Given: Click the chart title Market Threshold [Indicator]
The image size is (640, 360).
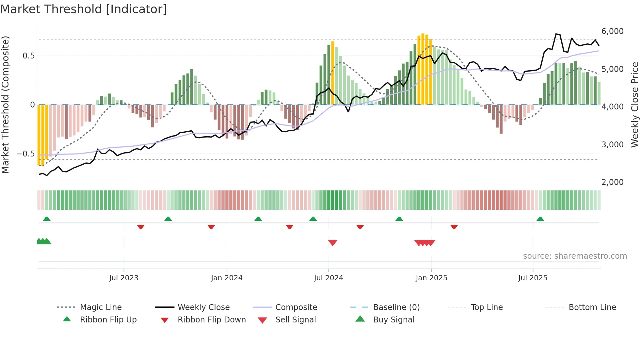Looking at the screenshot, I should (84, 9).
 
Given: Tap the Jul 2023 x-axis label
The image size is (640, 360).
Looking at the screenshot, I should (124, 278).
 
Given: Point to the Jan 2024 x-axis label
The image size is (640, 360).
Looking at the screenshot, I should (227, 278).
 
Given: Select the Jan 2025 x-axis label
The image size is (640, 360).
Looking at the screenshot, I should (431, 278).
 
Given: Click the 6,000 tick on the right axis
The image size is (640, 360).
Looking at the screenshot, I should (612, 31).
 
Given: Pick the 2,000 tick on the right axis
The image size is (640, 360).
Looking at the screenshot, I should (612, 182).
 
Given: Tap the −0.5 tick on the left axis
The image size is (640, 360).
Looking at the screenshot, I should (25, 154).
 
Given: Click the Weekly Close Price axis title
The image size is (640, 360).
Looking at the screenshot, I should (634, 105).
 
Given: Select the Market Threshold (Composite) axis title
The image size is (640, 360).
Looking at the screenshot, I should (5, 105).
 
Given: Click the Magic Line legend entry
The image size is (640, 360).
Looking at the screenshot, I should (101, 307).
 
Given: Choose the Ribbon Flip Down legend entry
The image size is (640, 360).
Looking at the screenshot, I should (211, 320).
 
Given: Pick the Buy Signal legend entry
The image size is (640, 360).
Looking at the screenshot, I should (393, 320).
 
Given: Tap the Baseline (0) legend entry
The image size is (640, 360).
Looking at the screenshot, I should (396, 307).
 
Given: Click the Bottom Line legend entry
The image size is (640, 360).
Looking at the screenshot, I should (592, 307).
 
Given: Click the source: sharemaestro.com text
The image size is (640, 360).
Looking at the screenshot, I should (575, 256).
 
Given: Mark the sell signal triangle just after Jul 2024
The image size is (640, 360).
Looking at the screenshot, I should (332, 243).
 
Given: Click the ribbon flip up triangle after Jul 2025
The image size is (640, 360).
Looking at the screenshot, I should (540, 219).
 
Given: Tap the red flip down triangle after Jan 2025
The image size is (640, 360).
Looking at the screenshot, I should (454, 227).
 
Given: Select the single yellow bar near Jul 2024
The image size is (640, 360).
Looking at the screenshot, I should (333, 73).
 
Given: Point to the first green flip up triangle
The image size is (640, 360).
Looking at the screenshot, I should (47, 219).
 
